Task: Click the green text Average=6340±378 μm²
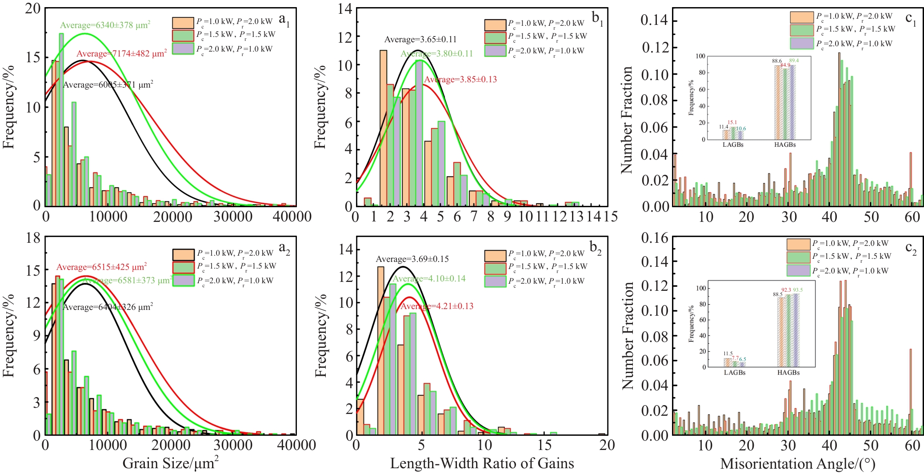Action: (x=105, y=25)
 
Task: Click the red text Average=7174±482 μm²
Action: (x=122, y=53)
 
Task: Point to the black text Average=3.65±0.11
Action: (x=420, y=40)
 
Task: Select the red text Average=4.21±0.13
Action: (x=437, y=306)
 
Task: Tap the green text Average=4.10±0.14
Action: (x=429, y=279)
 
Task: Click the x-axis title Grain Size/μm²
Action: (x=170, y=463)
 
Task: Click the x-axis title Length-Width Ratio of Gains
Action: (x=482, y=463)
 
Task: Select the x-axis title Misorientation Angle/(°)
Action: (x=797, y=464)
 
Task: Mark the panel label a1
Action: (x=284, y=20)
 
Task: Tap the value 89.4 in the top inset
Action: (x=794, y=60)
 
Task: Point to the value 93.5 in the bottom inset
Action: (x=798, y=290)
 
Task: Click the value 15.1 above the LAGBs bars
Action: (x=732, y=122)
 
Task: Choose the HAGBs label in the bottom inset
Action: (x=788, y=373)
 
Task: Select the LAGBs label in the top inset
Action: (x=733, y=145)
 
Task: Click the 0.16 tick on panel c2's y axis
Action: (x=654, y=238)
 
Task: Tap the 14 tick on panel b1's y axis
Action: (x=344, y=9)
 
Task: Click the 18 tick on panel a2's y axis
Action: (x=32, y=238)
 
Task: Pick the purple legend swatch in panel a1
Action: (x=183, y=48)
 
